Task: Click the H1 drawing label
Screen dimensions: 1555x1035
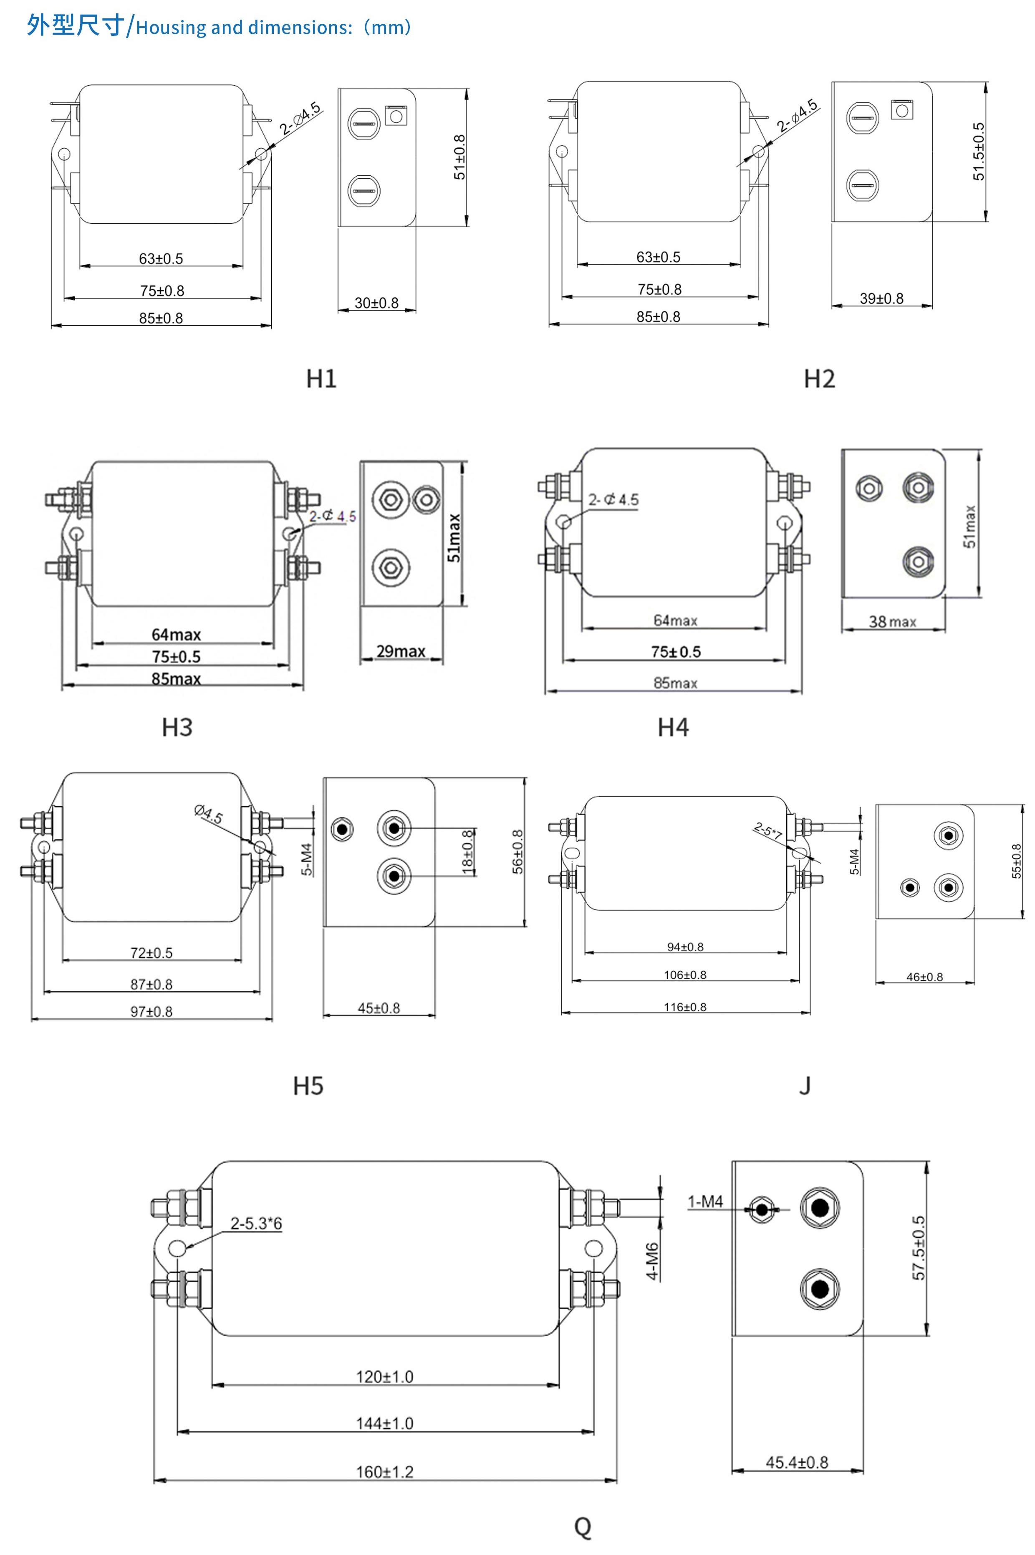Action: tap(321, 379)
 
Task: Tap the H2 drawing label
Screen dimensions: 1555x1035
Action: tap(819, 379)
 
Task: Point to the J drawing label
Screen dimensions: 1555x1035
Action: tap(805, 1086)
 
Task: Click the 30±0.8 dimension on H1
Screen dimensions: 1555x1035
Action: tap(376, 303)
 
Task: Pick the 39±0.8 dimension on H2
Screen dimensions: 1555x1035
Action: tap(881, 299)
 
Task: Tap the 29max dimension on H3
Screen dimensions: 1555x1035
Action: tap(401, 651)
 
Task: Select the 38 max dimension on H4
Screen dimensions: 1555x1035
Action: tap(892, 621)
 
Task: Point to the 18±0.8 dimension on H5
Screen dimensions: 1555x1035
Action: tap(467, 852)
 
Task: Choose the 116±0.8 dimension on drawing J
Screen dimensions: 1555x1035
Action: tap(685, 1007)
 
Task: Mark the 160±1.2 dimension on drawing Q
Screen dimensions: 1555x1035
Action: tap(385, 1472)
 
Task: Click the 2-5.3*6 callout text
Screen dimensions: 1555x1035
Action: tap(256, 1223)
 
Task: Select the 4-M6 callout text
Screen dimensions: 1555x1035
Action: tap(652, 1261)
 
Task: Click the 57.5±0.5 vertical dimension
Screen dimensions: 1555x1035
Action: tap(918, 1248)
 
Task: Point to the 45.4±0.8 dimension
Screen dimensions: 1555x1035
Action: tap(797, 1463)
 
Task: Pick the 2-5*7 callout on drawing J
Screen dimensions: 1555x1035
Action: tap(767, 831)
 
